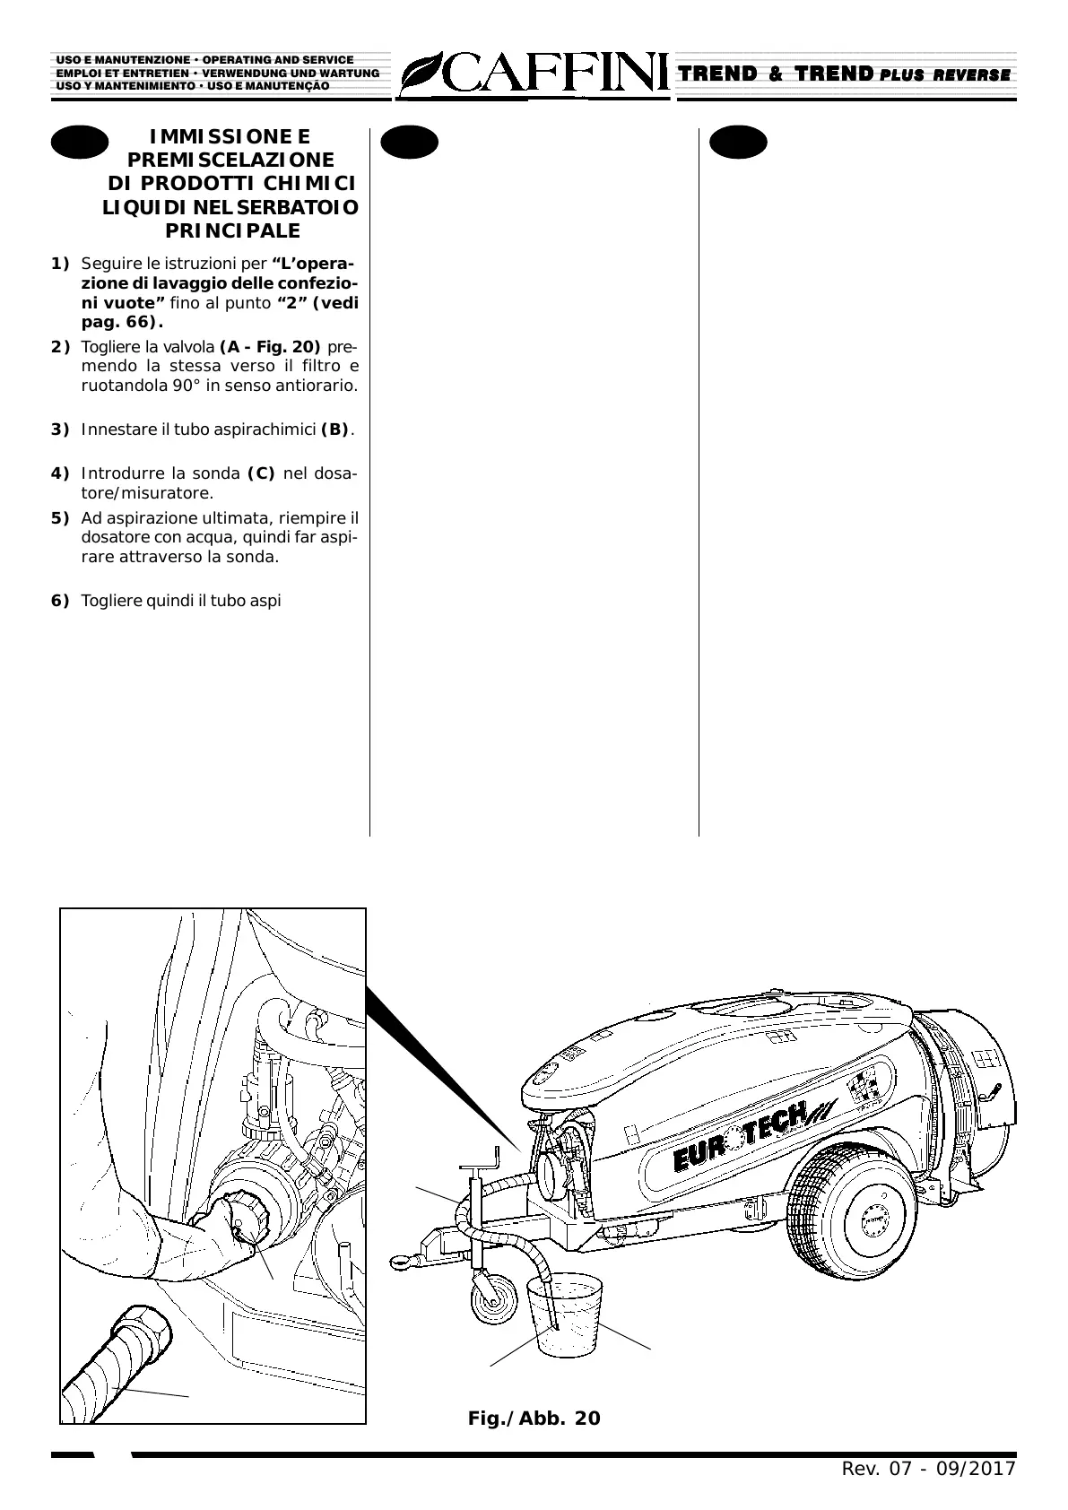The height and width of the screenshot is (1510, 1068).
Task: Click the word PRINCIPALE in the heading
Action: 233,231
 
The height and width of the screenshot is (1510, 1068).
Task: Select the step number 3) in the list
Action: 60,430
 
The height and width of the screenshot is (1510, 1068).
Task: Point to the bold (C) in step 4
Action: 260,473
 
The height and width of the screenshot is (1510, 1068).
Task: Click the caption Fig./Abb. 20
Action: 534,1418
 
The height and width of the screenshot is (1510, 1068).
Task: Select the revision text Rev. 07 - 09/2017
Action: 928,1469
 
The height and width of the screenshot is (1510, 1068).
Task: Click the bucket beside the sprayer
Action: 565,1315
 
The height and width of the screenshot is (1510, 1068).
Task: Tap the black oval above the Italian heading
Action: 79,143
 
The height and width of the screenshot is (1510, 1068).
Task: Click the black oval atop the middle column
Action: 409,143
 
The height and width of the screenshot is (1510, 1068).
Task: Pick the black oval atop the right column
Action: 738,143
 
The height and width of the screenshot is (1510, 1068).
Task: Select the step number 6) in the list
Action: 60,601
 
